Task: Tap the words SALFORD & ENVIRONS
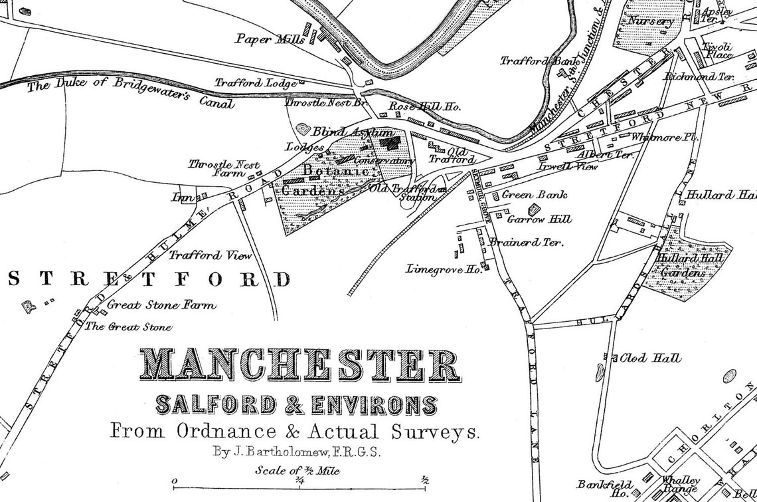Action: click(296, 404)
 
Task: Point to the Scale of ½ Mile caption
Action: click(297, 471)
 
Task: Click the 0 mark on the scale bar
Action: click(174, 481)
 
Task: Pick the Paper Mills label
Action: click(270, 39)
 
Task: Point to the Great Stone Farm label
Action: click(161, 305)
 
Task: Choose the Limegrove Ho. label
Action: click(443, 269)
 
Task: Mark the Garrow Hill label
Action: click(539, 219)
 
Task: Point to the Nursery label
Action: click(651, 21)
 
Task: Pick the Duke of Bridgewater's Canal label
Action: click(129, 94)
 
